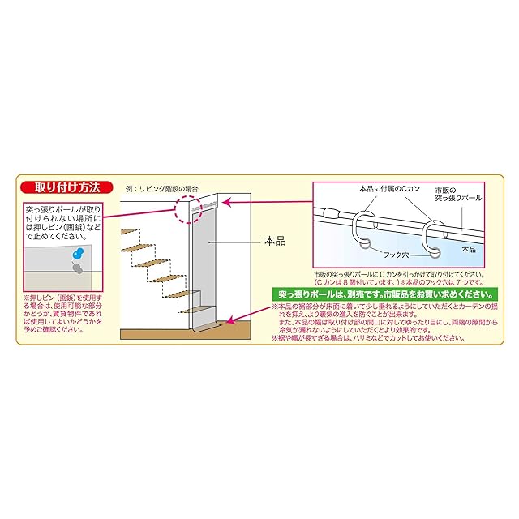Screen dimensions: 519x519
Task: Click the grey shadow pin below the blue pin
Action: [77, 265]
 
